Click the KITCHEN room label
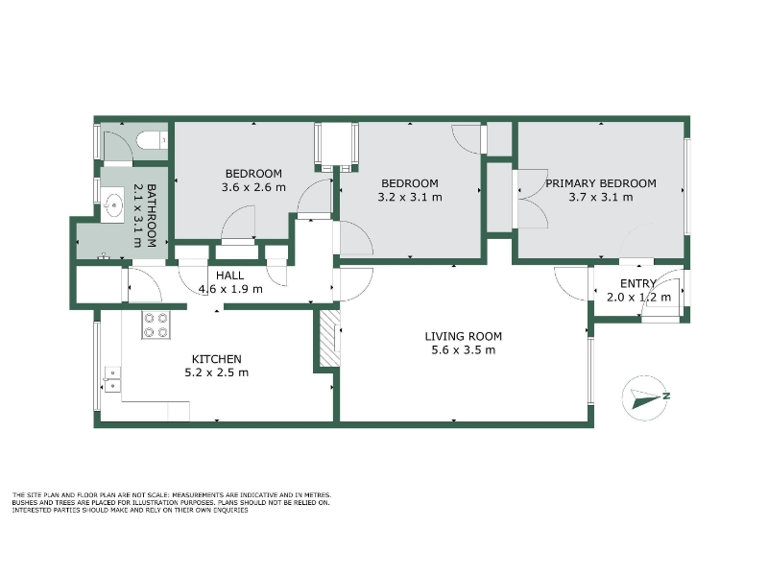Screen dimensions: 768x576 (x=217, y=359)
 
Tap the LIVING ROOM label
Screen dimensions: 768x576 (x=464, y=337)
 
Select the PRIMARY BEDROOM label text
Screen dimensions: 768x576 (x=601, y=183)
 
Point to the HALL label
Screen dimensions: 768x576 (x=230, y=276)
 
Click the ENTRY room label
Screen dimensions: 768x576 (x=638, y=283)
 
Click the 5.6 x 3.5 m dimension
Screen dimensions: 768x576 (x=464, y=350)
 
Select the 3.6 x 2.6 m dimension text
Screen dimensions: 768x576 (x=253, y=187)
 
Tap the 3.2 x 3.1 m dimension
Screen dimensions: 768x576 (x=410, y=198)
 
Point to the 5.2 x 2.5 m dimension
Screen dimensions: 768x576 (x=217, y=372)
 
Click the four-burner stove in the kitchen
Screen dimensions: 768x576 (x=156, y=325)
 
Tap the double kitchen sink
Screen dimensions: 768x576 (x=112, y=380)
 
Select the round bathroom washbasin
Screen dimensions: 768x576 (x=114, y=205)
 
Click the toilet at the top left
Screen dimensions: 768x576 (x=152, y=141)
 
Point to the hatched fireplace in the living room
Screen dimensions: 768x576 (x=329, y=338)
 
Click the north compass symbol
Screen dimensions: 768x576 (x=644, y=398)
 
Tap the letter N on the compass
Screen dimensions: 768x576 (x=666, y=396)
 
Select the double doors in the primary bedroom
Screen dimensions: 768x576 (x=532, y=199)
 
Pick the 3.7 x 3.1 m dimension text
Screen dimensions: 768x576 (x=601, y=198)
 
